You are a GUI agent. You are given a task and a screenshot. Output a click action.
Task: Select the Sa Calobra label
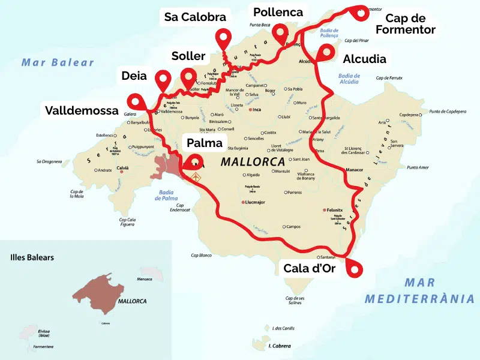[195, 17]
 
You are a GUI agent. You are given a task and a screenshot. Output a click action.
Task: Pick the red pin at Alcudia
[326, 52]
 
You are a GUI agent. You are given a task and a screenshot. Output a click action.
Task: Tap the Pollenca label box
[278, 12]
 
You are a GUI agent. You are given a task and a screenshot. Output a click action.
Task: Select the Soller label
[188, 56]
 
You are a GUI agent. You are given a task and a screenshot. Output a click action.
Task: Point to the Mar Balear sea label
[58, 62]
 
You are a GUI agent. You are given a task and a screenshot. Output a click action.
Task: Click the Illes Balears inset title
[32, 257]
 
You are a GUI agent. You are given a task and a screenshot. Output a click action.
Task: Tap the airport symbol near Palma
[196, 178]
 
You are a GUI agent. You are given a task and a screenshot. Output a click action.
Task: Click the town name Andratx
[104, 170]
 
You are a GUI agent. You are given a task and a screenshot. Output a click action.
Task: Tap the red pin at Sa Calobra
[224, 38]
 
